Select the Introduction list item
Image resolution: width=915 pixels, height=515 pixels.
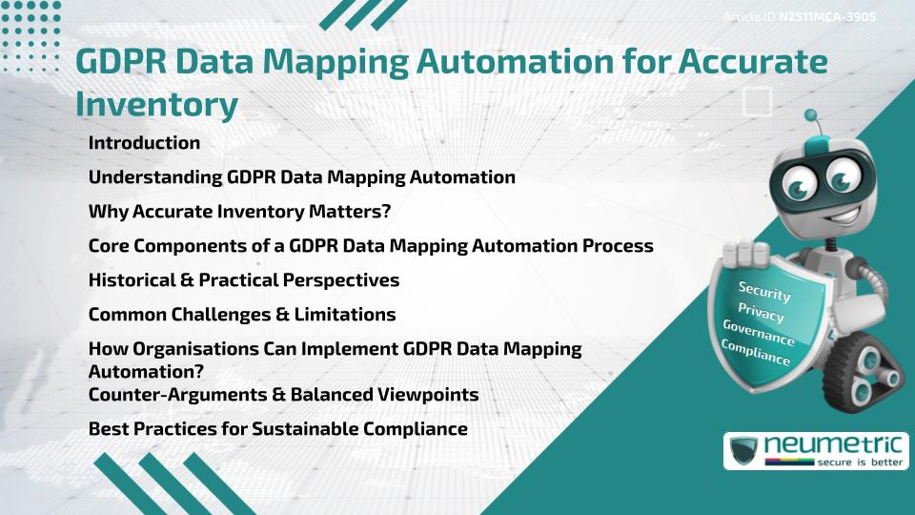click(144, 143)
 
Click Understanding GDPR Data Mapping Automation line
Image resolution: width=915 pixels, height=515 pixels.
click(301, 177)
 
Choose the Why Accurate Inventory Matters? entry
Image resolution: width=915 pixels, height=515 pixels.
click(239, 211)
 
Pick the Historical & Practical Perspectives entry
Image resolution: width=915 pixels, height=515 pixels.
click(243, 279)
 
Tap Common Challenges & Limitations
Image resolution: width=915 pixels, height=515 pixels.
click(241, 314)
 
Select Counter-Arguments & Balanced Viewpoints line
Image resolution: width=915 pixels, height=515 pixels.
click(283, 394)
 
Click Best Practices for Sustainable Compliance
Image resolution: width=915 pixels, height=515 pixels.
click(277, 428)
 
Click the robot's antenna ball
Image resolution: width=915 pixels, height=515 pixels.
click(811, 116)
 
